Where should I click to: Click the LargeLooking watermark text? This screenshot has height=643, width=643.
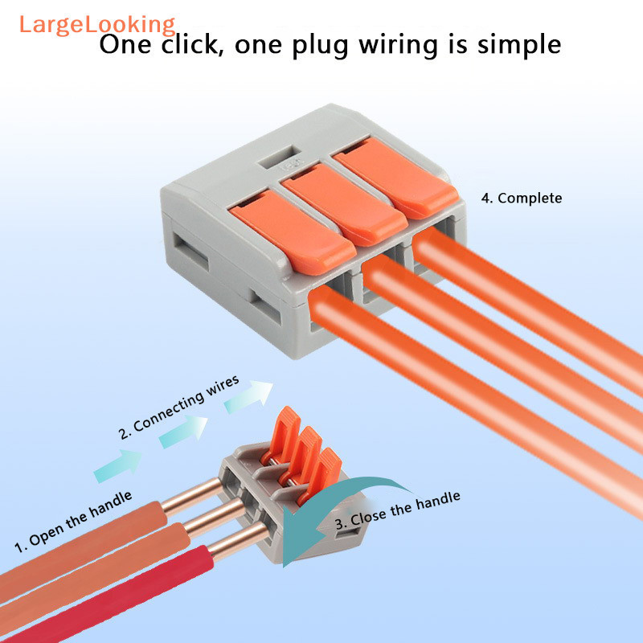tap(96, 23)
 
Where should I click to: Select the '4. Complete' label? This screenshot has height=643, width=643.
tap(522, 198)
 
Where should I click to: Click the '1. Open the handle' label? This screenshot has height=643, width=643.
tap(74, 521)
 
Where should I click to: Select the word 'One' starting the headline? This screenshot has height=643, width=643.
tap(129, 45)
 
